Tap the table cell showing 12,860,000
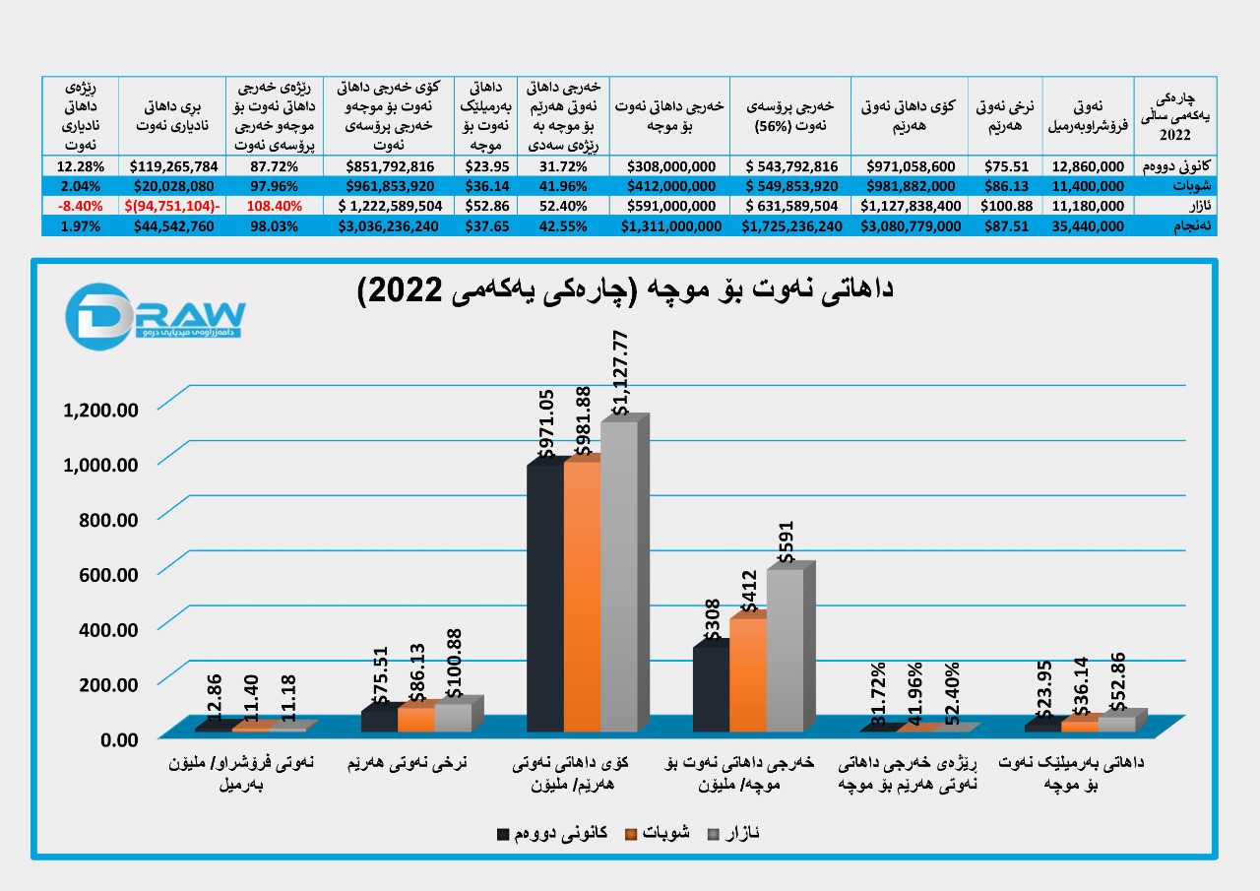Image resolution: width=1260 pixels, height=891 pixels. tap(1088, 166)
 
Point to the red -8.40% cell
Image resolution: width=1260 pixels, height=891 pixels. tap(80, 206)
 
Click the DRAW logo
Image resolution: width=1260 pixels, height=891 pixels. tap(156, 314)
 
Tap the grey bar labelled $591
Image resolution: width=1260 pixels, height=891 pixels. tap(785, 650)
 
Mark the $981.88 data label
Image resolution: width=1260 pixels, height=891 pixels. tap(583, 420)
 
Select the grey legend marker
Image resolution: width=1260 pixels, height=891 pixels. tap(714, 835)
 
